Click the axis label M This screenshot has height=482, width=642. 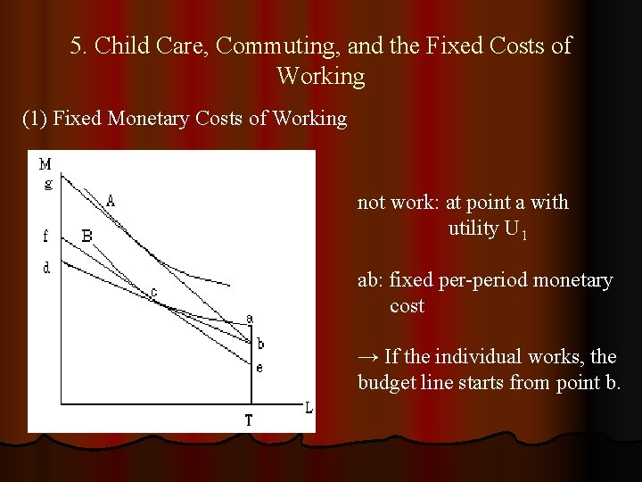pyautogui.click(x=45, y=164)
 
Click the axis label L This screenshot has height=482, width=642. pyautogui.click(x=309, y=408)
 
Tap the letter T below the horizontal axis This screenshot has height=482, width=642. pyautogui.click(x=249, y=420)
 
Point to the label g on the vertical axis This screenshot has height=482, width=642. pyautogui.click(x=47, y=184)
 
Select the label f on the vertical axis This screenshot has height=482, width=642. pyautogui.click(x=45, y=237)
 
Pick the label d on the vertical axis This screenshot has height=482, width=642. pyautogui.click(x=46, y=267)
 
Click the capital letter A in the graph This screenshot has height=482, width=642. pyautogui.click(x=111, y=201)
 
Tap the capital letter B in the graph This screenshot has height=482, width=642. pyautogui.click(x=86, y=236)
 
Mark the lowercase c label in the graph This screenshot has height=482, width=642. pyautogui.click(x=152, y=292)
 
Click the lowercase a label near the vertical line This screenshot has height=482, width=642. pyautogui.click(x=250, y=319)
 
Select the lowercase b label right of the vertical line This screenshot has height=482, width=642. pyautogui.click(x=259, y=344)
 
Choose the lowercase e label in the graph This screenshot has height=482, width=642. pyautogui.click(x=259, y=367)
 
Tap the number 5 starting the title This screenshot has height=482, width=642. pyautogui.click(x=76, y=45)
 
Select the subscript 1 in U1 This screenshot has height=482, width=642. pyautogui.click(x=526, y=235)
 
